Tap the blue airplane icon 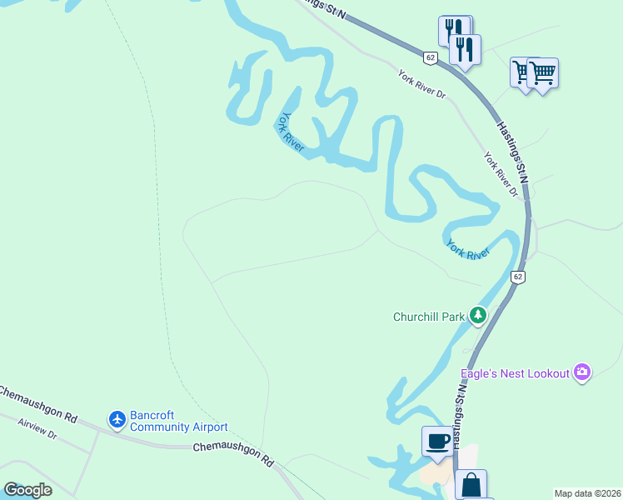coord(117,419)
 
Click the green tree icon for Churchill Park coord(477,315)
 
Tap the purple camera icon coord(582,372)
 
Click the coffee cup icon coord(437,441)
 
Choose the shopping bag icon coord(471,484)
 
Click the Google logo coord(27,489)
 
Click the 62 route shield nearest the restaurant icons coord(430,57)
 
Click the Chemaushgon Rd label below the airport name coord(233,453)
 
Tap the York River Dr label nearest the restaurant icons coord(421,83)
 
